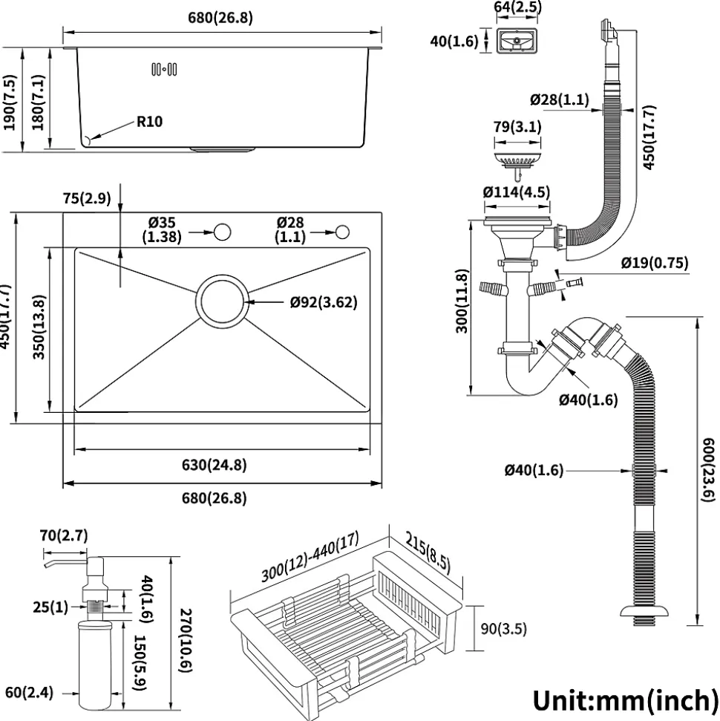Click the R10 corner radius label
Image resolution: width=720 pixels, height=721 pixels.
[x=149, y=121]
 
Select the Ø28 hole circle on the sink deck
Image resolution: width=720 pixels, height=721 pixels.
[x=342, y=232]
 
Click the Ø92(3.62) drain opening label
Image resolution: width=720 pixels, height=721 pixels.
[x=324, y=302]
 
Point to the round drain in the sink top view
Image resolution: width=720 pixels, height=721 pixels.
[x=221, y=302]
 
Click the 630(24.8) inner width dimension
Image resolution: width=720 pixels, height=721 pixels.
[x=214, y=466]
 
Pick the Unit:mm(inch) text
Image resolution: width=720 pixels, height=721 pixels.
[x=624, y=699]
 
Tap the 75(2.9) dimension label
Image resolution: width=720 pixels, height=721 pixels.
[x=86, y=198]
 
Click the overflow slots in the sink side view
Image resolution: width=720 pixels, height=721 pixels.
[x=164, y=70]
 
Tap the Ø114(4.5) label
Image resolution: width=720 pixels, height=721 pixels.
[x=517, y=192]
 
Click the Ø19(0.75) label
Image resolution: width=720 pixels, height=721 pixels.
[x=654, y=262]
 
